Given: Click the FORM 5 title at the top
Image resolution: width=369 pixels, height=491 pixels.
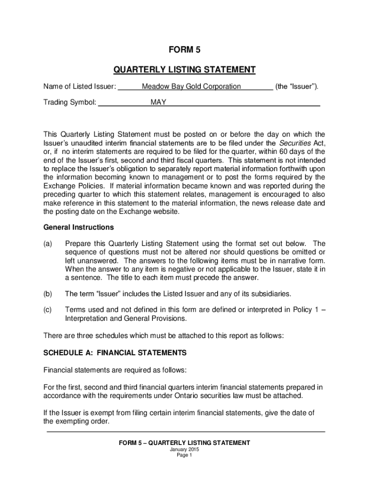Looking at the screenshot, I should (184, 49).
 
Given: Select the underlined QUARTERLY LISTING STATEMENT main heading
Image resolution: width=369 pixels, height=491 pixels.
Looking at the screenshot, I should (184, 70).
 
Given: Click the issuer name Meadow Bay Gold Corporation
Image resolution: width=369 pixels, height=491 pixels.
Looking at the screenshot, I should (191, 86).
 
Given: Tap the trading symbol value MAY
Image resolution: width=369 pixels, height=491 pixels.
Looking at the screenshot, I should (158, 102).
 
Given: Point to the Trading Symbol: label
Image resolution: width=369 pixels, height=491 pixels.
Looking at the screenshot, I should (70, 102).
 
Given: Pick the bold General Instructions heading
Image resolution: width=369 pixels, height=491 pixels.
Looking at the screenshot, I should (79, 227).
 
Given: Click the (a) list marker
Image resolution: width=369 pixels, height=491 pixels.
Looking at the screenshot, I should (48, 244).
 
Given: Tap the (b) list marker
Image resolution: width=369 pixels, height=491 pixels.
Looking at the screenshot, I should (48, 293).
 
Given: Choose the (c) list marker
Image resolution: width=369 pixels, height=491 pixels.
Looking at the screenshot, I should (48, 310).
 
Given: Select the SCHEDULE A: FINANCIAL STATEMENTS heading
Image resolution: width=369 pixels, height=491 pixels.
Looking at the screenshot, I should (115, 352).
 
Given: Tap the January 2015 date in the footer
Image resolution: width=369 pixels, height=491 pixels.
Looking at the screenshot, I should (184, 450).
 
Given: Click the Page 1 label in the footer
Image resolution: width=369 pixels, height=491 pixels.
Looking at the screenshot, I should (184, 456).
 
